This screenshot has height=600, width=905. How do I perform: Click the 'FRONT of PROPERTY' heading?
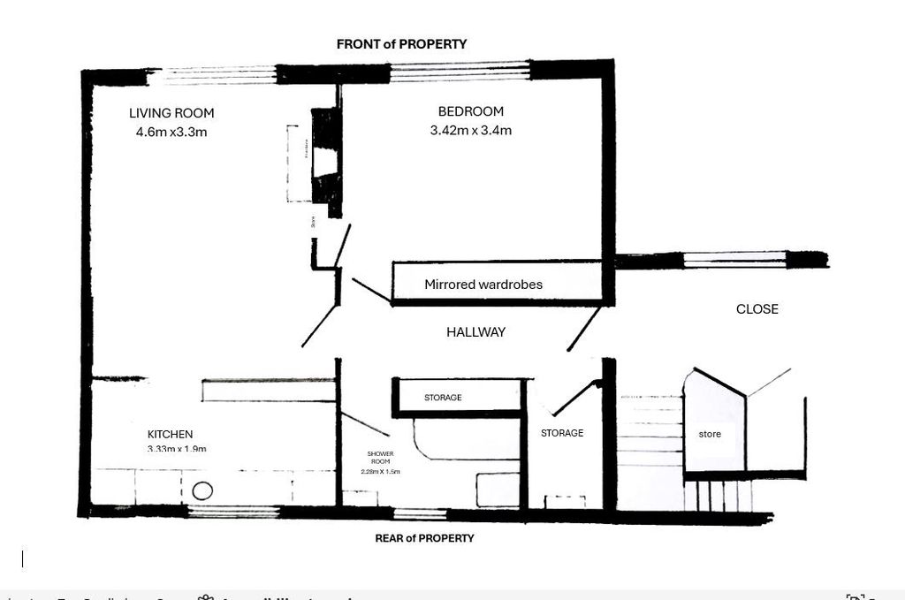point(401,43)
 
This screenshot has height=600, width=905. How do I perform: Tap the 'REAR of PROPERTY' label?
point(424,538)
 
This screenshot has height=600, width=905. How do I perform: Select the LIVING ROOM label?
point(171,113)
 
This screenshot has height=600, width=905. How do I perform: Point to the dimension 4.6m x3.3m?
point(171,133)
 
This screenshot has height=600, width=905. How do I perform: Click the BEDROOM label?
point(470,111)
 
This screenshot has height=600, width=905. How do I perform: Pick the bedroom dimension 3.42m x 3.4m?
point(470,131)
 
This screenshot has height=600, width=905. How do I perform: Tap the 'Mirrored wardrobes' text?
point(483,285)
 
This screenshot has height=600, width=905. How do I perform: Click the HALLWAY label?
point(475,332)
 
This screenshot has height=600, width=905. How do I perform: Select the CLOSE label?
point(757,309)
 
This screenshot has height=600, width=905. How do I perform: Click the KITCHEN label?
point(170,435)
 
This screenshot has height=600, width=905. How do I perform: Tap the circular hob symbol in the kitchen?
point(202,491)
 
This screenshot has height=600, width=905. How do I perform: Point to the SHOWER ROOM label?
point(380,457)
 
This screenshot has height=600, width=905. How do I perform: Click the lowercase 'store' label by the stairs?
point(710,434)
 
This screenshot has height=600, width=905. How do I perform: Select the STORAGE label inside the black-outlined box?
point(443,398)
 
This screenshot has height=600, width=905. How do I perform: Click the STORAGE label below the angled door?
point(562,433)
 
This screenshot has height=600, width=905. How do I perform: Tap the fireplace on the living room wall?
point(326,163)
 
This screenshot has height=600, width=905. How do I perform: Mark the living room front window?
point(212,76)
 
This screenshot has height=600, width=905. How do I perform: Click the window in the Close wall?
point(735,260)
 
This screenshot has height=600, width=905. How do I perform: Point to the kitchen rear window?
point(233,512)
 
